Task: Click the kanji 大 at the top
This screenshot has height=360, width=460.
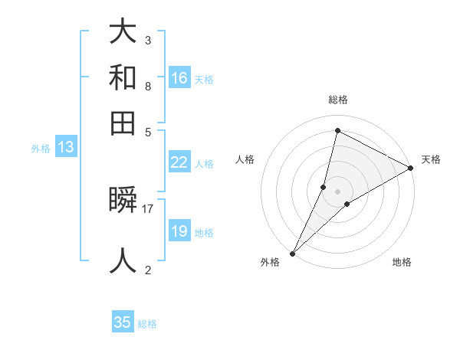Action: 123,31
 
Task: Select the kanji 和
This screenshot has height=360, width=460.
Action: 123,77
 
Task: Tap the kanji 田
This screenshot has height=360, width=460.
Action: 123,123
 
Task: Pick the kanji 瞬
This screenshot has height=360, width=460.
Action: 123,201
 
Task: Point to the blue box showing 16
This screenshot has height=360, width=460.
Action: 179,78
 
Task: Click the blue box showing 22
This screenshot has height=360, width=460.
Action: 179,162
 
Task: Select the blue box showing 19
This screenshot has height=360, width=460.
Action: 179,231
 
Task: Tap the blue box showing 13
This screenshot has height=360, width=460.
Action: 65,148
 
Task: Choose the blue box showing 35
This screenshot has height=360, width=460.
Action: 123,322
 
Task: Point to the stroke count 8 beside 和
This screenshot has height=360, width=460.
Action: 148,86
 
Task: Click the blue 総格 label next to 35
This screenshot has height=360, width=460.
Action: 148,324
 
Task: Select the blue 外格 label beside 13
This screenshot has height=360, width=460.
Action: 41,149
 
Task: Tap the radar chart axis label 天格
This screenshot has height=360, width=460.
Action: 431,159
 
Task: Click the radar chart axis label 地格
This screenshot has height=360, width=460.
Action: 402,262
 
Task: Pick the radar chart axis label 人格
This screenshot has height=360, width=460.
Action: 245,159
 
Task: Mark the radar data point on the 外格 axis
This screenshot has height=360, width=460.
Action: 292,253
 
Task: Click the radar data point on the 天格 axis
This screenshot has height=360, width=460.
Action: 411,168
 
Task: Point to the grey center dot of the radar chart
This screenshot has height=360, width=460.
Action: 337,191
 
